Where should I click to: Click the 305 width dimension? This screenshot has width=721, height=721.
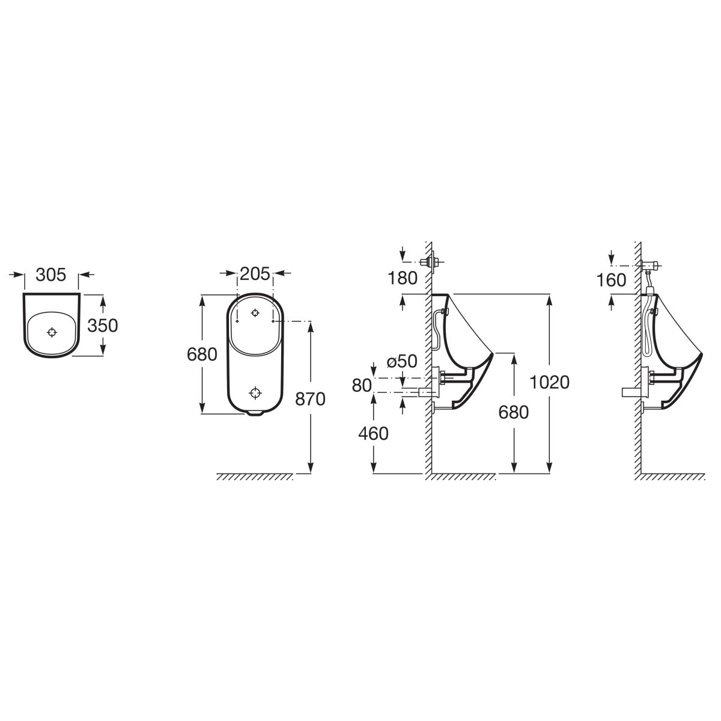point(51,275)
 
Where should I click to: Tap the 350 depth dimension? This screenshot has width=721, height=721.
point(103,325)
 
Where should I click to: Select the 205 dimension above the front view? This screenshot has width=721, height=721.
point(255,273)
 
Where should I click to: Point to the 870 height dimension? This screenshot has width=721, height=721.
point(310,399)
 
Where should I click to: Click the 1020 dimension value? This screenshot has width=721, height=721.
point(550,382)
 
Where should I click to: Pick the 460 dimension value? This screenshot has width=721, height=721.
point(373,434)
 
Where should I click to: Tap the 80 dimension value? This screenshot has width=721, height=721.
point(362,385)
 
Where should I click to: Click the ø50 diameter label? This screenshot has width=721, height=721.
point(402,361)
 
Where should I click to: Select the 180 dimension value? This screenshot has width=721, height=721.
point(403,278)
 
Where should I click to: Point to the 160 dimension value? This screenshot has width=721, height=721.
point(611,280)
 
